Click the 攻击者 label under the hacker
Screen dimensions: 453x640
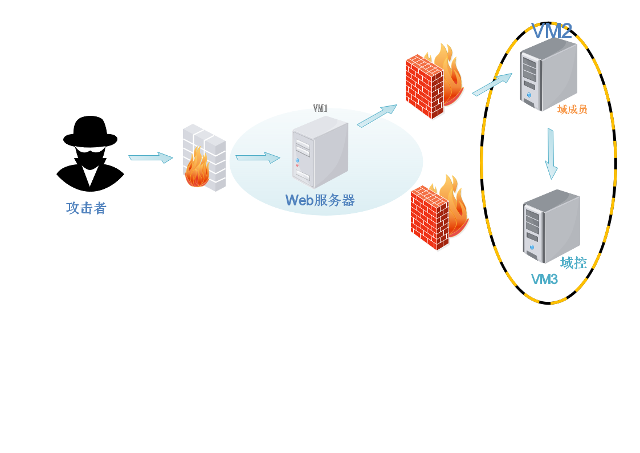pos(86,209)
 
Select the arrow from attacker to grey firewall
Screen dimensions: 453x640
pos(150,157)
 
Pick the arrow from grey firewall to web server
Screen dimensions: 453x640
pos(257,158)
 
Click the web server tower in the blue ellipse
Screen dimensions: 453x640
pos(320,154)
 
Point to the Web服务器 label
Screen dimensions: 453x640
pos(320,200)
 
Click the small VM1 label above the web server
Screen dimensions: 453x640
pos(320,108)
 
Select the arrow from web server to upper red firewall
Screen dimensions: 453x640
pos(377,115)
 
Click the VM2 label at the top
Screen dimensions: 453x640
pos(551,31)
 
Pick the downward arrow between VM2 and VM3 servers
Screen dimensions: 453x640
pos(551,153)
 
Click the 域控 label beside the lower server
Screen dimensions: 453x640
pos(573,262)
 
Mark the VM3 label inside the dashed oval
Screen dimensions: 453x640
pos(544,280)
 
